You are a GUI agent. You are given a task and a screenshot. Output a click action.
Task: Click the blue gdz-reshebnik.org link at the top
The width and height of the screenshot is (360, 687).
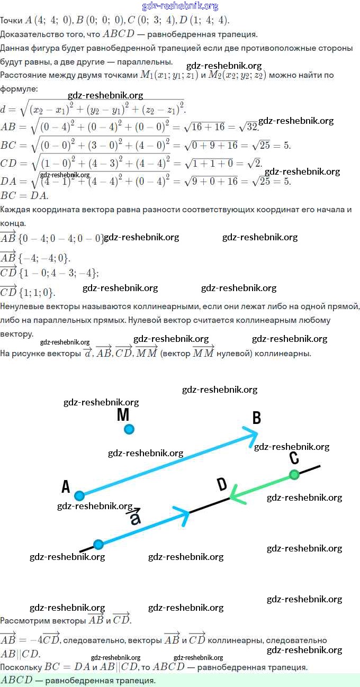point(180,6)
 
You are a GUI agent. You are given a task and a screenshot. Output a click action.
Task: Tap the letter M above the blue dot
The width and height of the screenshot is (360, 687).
point(123,415)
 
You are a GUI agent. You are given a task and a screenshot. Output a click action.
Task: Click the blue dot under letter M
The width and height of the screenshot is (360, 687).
point(129,429)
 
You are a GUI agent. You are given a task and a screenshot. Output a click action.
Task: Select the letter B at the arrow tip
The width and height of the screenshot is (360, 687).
point(257,419)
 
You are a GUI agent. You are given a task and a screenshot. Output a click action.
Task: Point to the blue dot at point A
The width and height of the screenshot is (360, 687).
point(79,496)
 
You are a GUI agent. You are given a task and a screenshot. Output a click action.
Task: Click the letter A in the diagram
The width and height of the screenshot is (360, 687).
point(66,486)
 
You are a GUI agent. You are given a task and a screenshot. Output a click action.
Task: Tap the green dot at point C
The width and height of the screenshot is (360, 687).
point(294,475)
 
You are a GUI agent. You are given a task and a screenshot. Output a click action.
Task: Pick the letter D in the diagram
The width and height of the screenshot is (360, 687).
point(222,484)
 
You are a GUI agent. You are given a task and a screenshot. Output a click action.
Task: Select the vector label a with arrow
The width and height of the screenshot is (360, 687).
point(135,517)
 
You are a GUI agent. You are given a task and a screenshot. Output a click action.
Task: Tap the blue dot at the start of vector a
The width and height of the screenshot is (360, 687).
point(98,544)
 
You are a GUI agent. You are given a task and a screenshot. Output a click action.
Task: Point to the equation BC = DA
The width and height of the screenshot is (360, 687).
point(24,195)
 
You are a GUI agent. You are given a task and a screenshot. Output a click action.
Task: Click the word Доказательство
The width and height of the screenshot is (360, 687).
point(32,34)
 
